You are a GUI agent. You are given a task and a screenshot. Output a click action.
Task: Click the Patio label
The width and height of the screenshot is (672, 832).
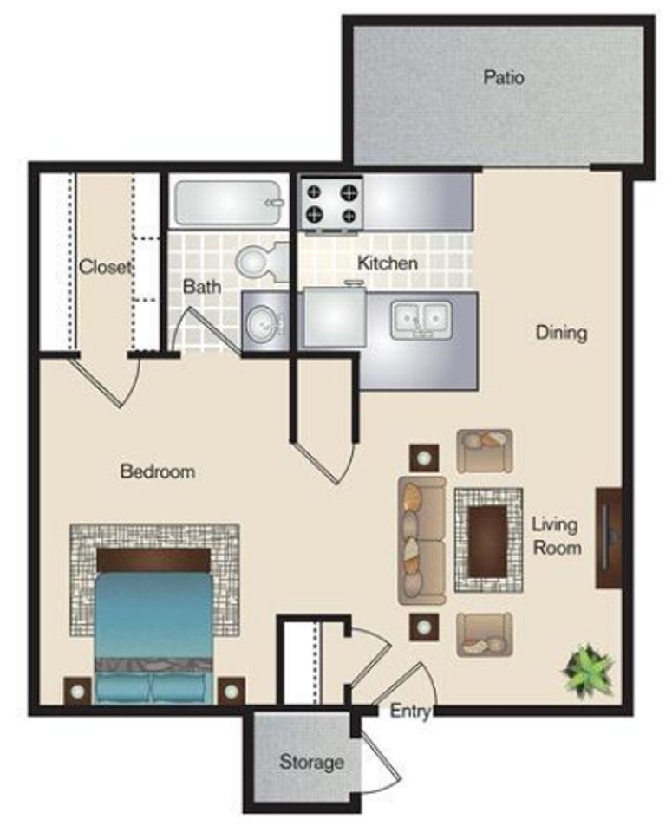click(504, 77)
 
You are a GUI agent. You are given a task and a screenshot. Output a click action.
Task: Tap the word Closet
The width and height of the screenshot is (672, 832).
click(105, 266)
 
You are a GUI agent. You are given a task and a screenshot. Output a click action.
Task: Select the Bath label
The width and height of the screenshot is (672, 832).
click(202, 285)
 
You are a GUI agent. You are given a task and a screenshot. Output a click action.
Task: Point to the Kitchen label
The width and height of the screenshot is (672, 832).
click(388, 262)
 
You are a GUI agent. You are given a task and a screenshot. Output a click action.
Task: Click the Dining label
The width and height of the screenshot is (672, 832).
click(561, 332)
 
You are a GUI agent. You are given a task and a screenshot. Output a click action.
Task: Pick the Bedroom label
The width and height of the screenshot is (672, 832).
click(157, 471)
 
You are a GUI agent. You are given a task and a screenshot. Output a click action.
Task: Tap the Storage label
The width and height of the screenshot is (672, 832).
click(311, 763)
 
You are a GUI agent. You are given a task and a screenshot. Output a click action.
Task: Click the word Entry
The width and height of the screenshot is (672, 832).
click(410, 712)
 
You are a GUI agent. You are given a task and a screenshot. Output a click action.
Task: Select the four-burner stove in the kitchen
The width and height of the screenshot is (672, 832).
click(331, 203)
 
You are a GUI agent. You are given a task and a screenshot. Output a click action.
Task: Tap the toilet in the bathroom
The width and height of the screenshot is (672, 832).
click(258, 260)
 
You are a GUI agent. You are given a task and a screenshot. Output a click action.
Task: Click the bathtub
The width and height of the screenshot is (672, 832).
click(227, 203)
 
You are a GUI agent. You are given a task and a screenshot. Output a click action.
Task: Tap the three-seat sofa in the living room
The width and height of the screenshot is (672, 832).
click(421, 539)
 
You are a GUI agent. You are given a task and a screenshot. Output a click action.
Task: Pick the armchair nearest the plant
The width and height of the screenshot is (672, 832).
click(484, 633)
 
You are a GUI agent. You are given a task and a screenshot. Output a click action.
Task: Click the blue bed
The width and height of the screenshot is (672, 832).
click(153, 624)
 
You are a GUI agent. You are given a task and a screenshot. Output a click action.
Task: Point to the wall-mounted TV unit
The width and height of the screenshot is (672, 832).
click(608, 537)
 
